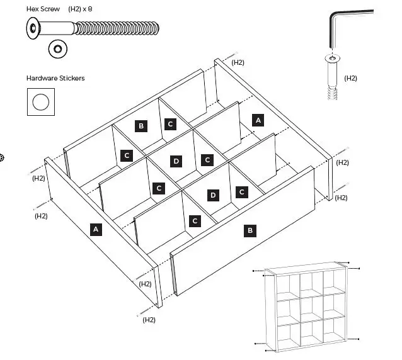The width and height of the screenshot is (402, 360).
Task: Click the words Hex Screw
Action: (x=43, y=9)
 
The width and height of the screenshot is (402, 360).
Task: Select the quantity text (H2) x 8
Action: (x=84, y=9)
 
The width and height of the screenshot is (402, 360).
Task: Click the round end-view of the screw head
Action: (x=59, y=48)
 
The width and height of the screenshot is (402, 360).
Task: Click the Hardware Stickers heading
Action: (x=55, y=78)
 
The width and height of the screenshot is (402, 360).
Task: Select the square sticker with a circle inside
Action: (x=40, y=102)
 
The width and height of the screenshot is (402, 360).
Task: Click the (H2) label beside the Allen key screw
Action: (x=350, y=78)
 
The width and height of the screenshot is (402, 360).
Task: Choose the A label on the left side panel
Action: (x=96, y=229)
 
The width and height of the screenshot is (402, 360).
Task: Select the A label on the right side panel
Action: (x=257, y=120)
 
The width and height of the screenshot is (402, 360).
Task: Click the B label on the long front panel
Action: (x=250, y=231)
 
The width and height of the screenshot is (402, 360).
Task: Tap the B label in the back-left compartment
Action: (x=141, y=126)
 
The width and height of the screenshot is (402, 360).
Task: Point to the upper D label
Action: (x=176, y=161)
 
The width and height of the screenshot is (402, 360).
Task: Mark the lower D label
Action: (x=213, y=195)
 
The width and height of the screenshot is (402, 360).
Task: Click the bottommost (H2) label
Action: (x=149, y=320)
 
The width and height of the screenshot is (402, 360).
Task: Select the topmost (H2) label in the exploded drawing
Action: (x=238, y=62)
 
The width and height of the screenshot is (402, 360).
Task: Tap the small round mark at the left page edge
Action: (x=2, y=157)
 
